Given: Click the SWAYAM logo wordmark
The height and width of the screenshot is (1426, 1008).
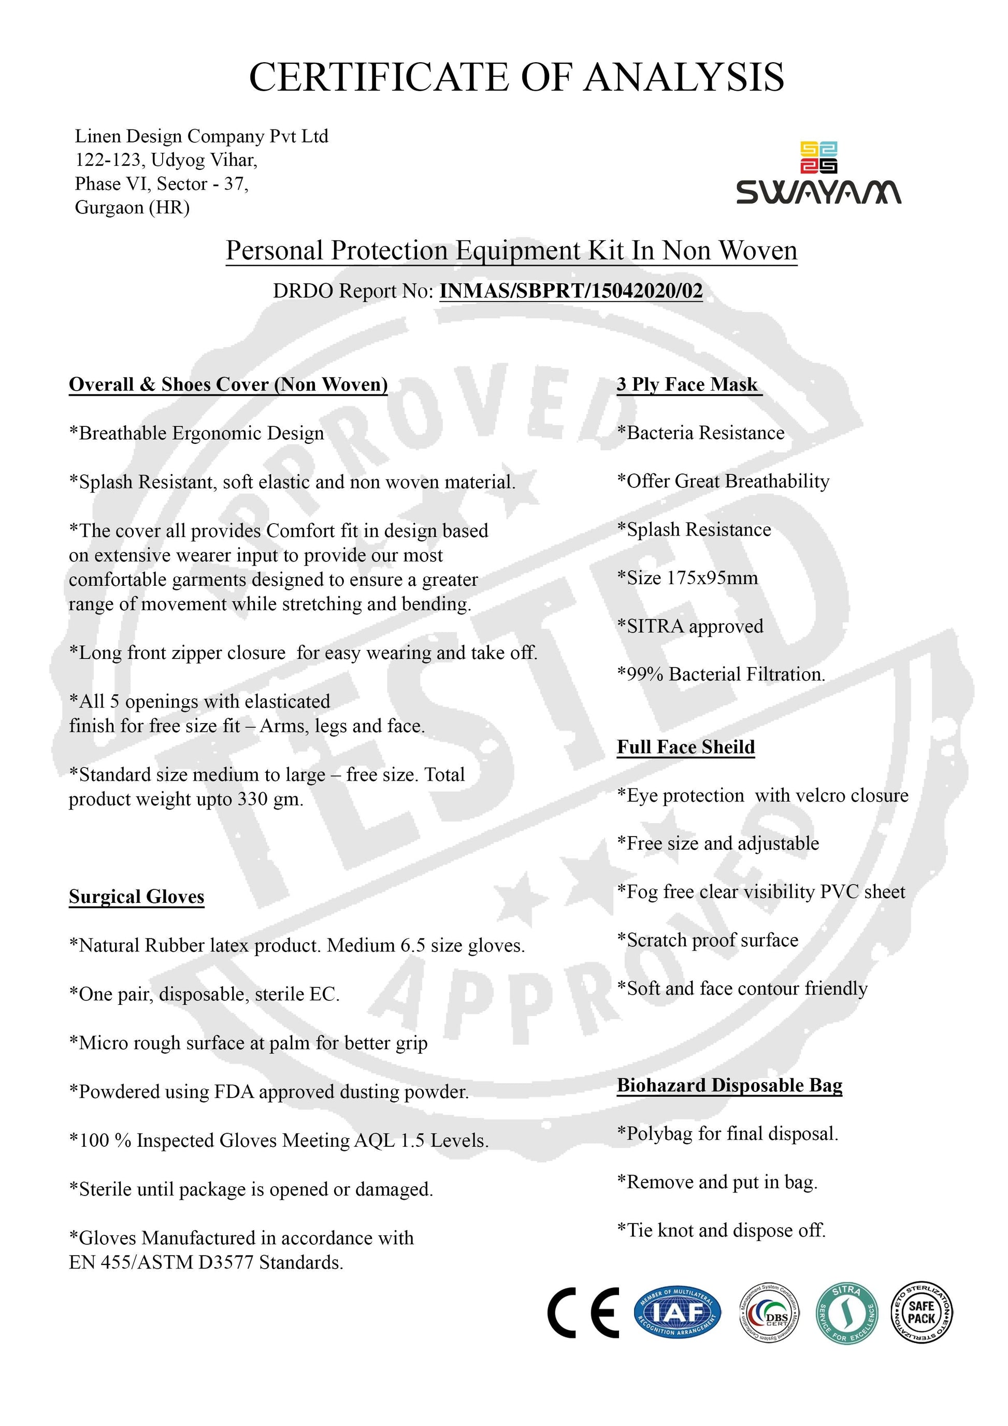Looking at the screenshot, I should pos(818,193).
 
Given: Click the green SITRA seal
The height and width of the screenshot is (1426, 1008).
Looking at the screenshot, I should pos(846,1313).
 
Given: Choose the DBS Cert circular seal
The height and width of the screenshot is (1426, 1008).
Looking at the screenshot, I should pos(769,1313).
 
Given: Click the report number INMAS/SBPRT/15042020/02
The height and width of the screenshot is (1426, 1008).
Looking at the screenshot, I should pos(571,291).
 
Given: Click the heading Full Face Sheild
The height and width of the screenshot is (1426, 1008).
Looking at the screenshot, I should pos(686,746).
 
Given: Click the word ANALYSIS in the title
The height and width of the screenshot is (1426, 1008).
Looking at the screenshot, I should pos(684,77).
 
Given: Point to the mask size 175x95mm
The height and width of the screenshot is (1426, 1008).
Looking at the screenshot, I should pos(712,578).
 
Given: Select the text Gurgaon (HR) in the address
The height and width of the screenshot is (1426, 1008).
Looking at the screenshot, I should pos(132,207).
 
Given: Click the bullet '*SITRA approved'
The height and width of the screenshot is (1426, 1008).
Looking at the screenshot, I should pos(690,626).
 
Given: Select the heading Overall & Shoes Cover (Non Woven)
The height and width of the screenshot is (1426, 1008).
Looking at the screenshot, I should pos(228,384).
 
